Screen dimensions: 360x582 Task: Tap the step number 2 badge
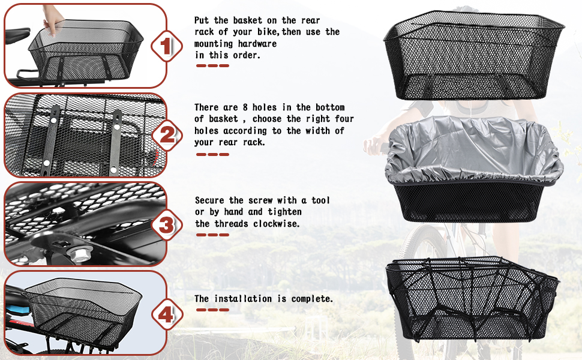166,136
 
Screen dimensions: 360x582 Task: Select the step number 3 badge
166,225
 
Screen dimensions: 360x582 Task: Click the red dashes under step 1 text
212,65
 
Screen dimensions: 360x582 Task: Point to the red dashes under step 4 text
212,310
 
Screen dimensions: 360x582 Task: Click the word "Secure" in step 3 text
211,200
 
